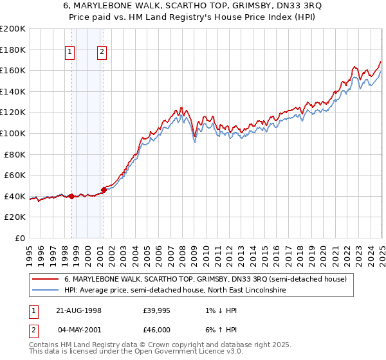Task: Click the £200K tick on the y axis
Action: (14, 29)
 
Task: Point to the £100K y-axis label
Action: (14, 133)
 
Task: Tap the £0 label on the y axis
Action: (20, 238)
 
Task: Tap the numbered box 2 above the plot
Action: (102, 53)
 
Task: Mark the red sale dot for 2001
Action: (104, 190)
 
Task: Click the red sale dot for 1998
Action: (71, 195)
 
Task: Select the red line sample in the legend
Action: (46, 279)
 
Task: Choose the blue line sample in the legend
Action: (46, 291)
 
